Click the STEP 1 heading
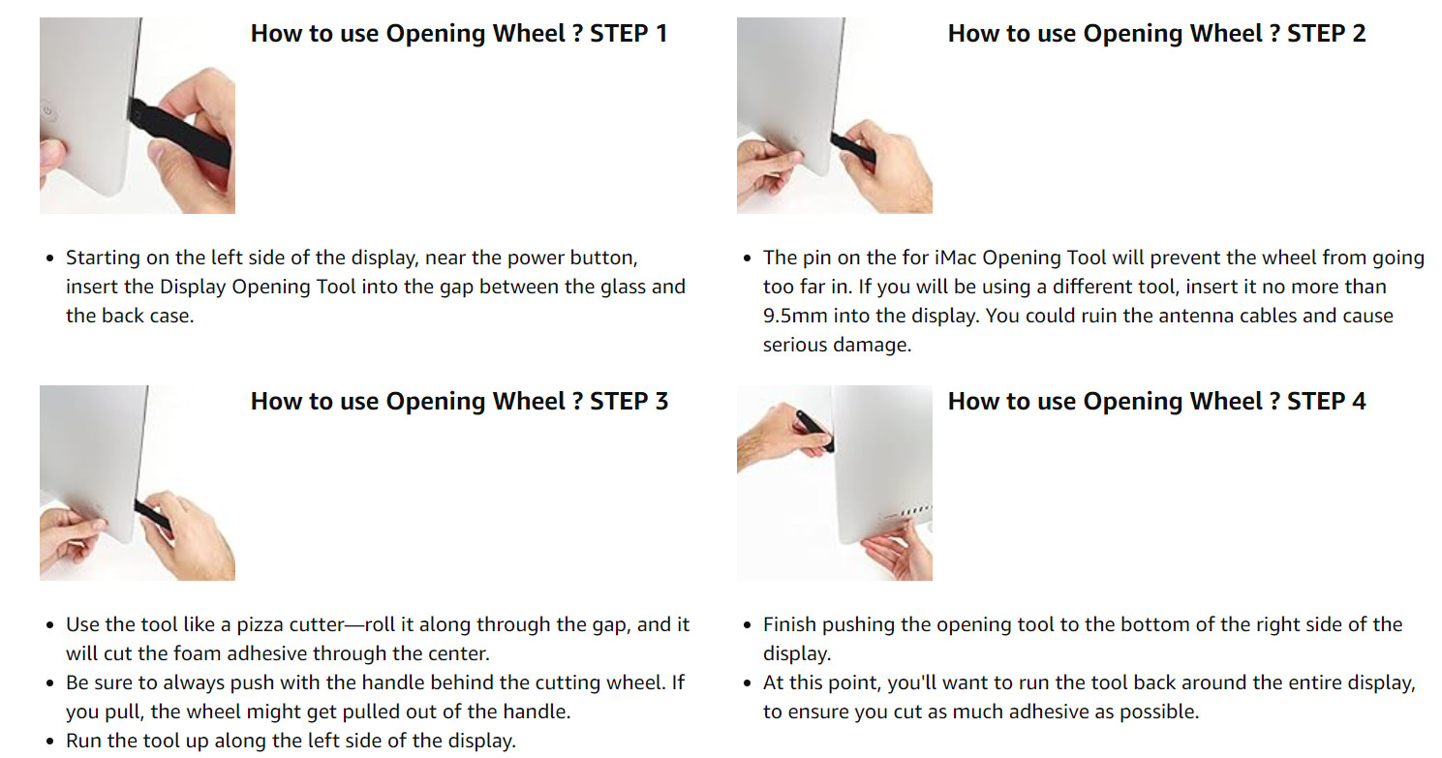click(x=459, y=34)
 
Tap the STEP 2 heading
click(x=1156, y=34)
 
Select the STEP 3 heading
click(x=459, y=401)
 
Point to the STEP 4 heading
click(x=1156, y=401)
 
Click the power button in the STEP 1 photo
click(x=47, y=111)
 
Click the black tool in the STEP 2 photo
click(x=852, y=148)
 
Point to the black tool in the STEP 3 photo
click(x=153, y=516)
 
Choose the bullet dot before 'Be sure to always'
click(x=50, y=683)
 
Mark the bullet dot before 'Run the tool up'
click(x=50, y=742)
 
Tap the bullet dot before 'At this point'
click(x=748, y=683)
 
